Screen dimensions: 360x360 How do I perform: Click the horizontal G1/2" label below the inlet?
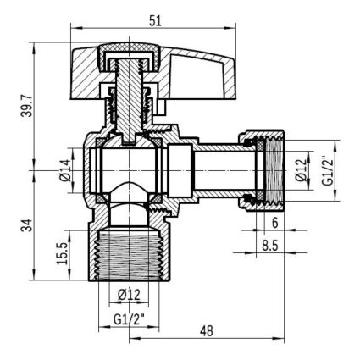click(x=129, y=319)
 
